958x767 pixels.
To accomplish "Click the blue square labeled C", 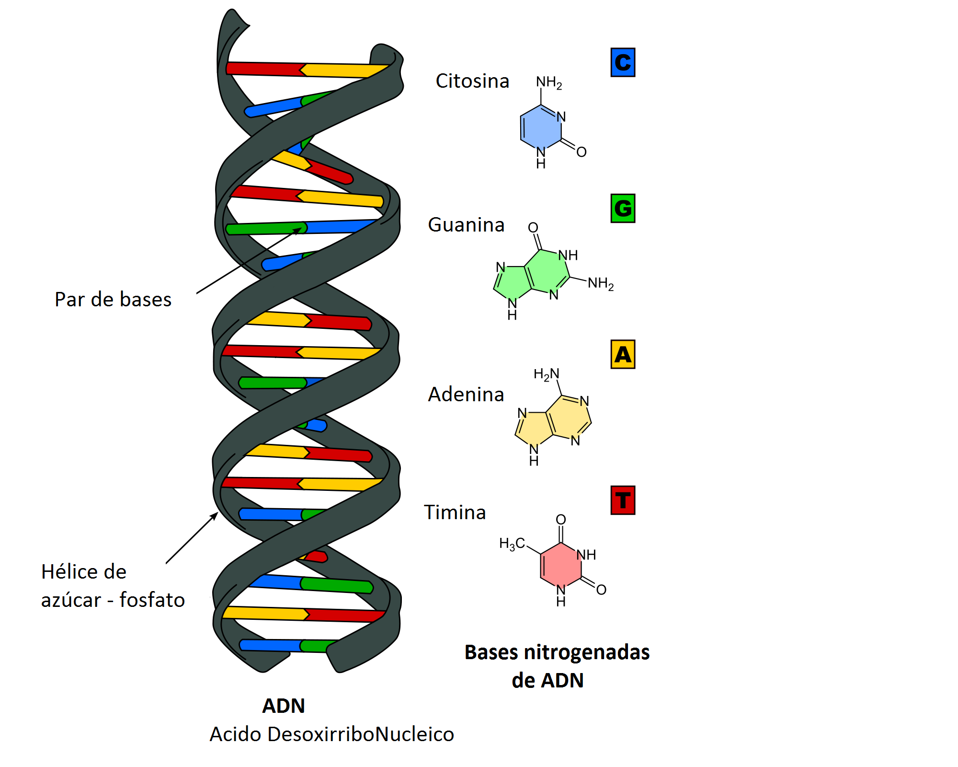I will pos(623,62).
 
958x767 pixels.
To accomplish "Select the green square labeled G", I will pos(623,209).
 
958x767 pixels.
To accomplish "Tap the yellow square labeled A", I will pos(623,354).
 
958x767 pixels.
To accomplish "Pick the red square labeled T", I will pos(623,500).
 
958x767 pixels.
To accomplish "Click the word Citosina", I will pos(472,81).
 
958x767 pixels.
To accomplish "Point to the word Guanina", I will pos(466,225).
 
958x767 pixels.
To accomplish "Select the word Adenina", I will pos(466,395).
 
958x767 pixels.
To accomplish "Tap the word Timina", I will pos(455,512).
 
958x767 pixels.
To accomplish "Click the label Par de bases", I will pos(113,300).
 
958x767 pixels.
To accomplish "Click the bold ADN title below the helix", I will pos(284,706).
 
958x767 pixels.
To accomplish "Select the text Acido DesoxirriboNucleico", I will pos(331,734).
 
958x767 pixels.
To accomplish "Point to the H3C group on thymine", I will pos(512,544).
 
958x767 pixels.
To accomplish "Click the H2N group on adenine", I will pos(546,374).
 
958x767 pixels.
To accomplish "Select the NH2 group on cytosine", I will pos(549,82).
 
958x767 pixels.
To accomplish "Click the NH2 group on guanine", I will pos(601,283).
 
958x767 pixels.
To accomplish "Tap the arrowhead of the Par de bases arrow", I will pos(299,230).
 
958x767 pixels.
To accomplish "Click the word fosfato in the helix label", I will pos(152,600).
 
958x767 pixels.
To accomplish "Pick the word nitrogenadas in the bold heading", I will pos(586,652).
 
